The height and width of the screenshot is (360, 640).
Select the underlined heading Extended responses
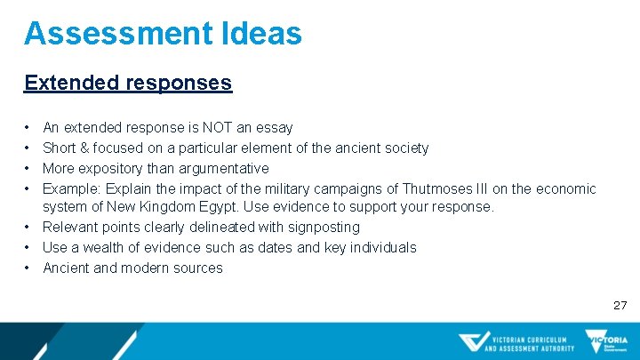pyautogui.click(x=128, y=83)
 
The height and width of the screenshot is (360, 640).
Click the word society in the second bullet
pyautogui.click(x=404, y=148)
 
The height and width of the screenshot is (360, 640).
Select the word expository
pyautogui.click(x=112, y=168)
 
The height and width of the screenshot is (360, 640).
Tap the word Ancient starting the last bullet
pyautogui.click(x=67, y=268)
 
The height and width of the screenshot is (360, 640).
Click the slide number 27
pyautogui.click(x=620, y=305)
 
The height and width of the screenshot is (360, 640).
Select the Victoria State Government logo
pyautogui.click(x=606, y=341)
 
